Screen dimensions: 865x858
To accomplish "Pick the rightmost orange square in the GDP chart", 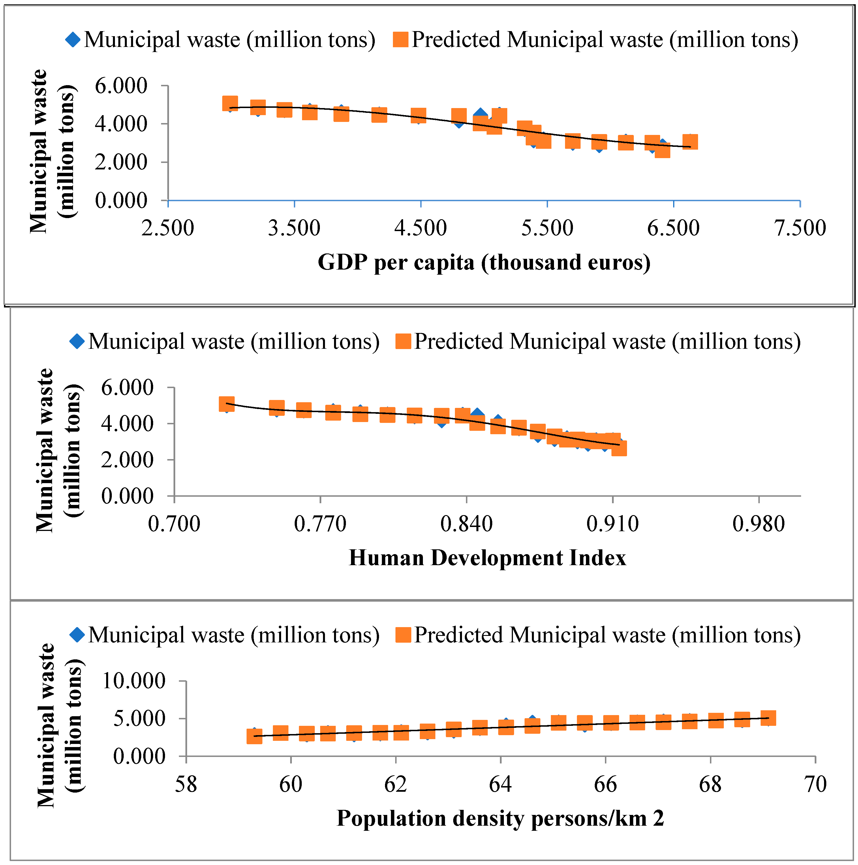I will pos(690,142).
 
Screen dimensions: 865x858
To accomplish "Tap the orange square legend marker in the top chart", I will pos(401,39).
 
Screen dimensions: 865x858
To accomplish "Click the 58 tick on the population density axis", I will pos(186,784).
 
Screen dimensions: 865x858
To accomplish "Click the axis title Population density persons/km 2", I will pos(500,818).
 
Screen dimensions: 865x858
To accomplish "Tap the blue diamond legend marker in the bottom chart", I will pos(77,635).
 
